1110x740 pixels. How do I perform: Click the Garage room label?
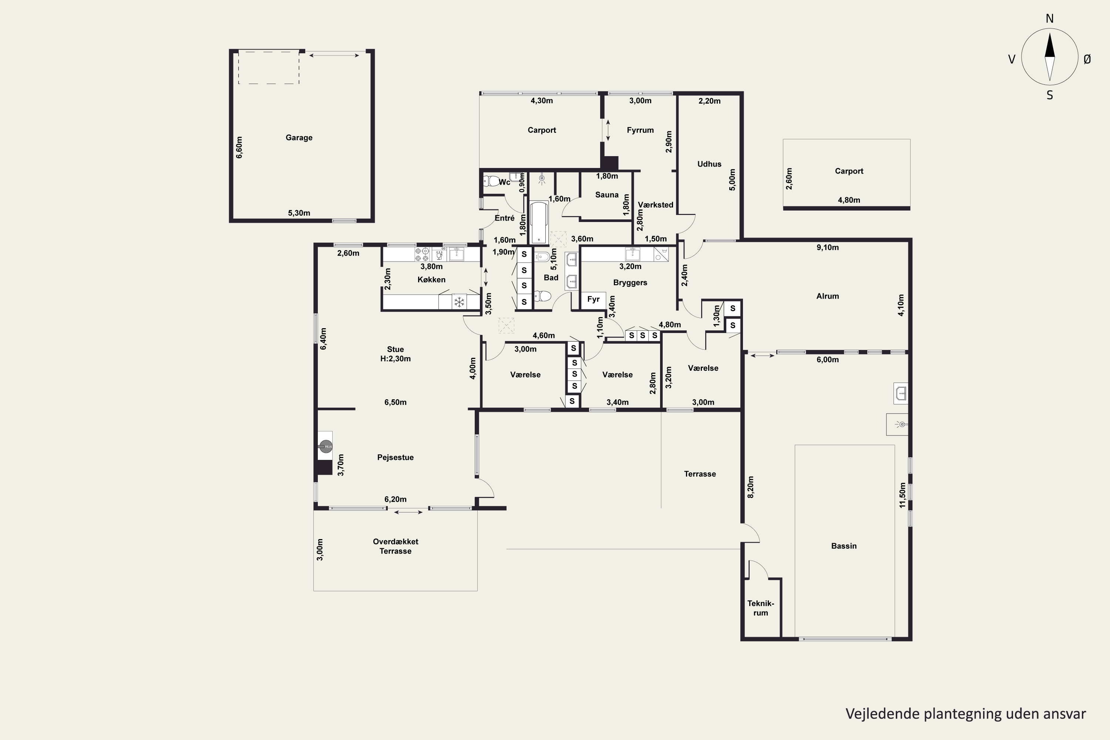[x=299, y=137]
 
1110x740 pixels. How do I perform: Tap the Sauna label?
[x=606, y=195]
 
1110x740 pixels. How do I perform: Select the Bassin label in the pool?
[x=843, y=545]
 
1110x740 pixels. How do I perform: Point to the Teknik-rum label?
[x=760, y=608]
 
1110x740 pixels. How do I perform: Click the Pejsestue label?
[x=395, y=457]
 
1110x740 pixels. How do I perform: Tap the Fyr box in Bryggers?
[x=593, y=299]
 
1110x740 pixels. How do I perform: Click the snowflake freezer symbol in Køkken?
[x=459, y=302]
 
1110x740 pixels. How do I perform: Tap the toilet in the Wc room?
[x=492, y=181]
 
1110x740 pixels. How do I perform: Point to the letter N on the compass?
[x=1050, y=18]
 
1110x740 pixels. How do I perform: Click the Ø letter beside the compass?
[x=1087, y=59]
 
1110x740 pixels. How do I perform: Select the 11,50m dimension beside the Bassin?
[x=902, y=495]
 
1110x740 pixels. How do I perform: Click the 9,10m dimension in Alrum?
[x=827, y=247]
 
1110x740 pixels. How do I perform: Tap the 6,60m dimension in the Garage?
[x=239, y=147]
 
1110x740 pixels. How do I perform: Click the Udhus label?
[x=709, y=164]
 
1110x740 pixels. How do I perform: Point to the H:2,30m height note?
[x=395, y=359]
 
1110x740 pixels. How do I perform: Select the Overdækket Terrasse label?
[x=395, y=546]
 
